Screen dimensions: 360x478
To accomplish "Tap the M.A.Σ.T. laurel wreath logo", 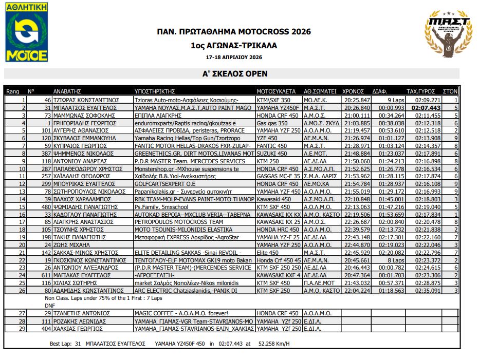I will tap(448, 33).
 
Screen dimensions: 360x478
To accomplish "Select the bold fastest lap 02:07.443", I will tap(426, 108).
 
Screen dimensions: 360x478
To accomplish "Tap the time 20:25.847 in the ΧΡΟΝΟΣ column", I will tap(357, 100).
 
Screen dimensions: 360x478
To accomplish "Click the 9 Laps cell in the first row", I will tap(396, 100).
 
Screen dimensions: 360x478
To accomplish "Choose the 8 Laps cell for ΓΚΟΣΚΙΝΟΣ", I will tap(396, 260).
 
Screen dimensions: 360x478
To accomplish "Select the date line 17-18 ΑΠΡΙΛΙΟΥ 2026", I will tap(234, 57).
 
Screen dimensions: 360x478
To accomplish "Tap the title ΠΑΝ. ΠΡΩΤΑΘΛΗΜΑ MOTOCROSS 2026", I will tap(234, 32).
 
